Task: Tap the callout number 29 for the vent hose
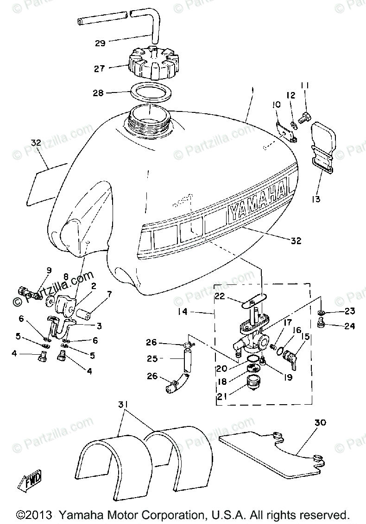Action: [101, 43]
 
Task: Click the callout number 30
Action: [320, 423]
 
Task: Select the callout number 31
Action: [123, 405]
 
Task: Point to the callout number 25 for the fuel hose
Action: [152, 358]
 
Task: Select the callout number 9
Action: [49, 271]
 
